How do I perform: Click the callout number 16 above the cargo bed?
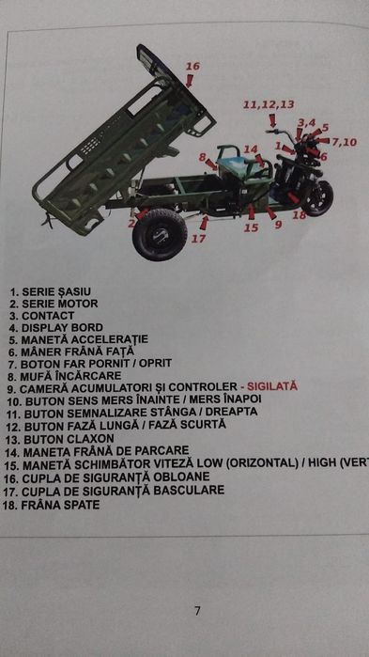pos(192,67)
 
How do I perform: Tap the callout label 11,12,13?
pos(269,104)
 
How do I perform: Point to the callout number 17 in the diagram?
pos(198,239)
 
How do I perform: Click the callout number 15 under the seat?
pos(251,227)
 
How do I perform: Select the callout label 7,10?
pos(344,142)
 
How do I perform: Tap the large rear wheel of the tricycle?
pos(160,233)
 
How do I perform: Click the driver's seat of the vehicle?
pos(238,165)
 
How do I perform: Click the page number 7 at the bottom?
pos(197,611)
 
